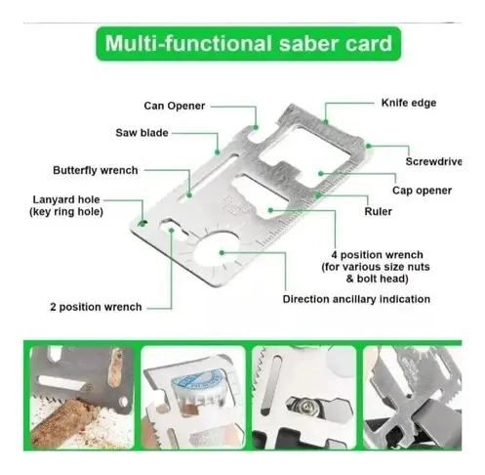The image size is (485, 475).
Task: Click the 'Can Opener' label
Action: pos(175,106)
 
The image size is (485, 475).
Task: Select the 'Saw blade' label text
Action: pos(141,133)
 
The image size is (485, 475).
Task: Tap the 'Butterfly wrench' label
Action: pos(96,170)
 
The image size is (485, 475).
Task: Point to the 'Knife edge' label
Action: pos(409,103)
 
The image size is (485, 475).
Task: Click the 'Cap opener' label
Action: pos(422,191)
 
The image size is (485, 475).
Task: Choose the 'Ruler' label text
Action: pos(378,211)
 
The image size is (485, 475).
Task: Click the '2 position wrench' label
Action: pos(96,307)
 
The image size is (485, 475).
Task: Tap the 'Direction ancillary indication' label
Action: pos(356,299)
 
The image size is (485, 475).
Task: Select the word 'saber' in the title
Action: pos(306,44)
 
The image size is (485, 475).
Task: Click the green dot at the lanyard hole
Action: pos(142,223)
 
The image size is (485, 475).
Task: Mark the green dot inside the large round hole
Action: pos(222,252)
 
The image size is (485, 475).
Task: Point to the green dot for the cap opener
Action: pos(321,174)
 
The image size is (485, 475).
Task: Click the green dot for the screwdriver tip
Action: pos(368,146)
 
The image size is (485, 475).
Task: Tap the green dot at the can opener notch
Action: pos(256,127)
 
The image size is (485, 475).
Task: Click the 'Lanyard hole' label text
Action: pos(66,199)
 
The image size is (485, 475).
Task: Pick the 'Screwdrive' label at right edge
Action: pos(433,161)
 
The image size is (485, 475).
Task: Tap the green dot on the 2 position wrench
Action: pos(172,230)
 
